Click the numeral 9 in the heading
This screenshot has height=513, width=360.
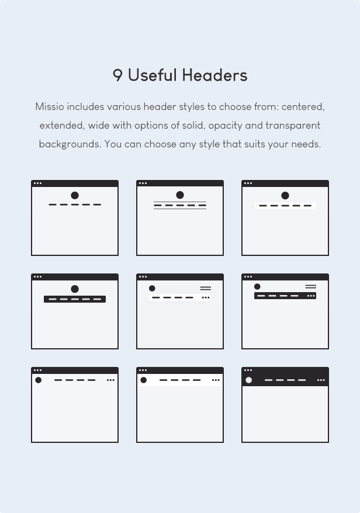click(x=117, y=75)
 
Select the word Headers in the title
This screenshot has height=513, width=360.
click(x=214, y=75)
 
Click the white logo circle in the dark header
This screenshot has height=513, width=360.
click(x=249, y=380)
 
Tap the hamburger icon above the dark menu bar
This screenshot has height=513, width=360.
click(x=310, y=287)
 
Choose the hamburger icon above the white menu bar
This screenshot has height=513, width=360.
click(x=206, y=288)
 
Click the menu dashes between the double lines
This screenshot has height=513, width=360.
click(x=180, y=206)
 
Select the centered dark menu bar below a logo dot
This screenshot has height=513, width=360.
click(x=75, y=299)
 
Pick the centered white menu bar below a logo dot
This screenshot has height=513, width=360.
click(x=285, y=206)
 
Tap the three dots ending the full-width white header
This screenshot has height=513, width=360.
click(x=216, y=380)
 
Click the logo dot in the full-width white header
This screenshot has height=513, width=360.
click(x=143, y=380)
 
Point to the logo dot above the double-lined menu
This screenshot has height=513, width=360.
click(x=180, y=195)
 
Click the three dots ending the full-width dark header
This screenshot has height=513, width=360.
click(x=321, y=380)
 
